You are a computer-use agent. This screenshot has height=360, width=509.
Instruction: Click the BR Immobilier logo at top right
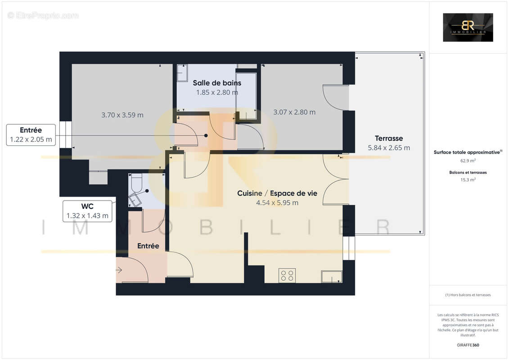pos(468,27)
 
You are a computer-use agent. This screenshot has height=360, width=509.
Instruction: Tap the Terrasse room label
pos(389,138)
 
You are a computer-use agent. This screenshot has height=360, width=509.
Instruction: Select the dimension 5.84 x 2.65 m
pos(389,148)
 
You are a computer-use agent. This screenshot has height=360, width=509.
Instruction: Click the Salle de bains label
pos(217,83)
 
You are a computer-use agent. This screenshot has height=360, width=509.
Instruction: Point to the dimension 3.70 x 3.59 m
pos(122,115)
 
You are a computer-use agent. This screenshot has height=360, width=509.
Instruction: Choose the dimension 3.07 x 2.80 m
pos(294,112)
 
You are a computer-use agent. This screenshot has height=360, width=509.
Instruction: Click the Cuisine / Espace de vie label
pos(277,193)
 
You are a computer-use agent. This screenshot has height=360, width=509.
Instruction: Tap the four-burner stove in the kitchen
pos(287,275)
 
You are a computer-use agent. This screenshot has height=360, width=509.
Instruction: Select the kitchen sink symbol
pos(331,276)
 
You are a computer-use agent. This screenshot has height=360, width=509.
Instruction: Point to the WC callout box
pos(87,211)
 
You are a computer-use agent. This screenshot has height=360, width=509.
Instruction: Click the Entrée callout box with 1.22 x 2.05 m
pos(31,135)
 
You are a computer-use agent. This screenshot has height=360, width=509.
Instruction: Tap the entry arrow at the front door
pos(119,270)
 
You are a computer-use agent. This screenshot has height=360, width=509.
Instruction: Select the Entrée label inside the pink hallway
pos(148,246)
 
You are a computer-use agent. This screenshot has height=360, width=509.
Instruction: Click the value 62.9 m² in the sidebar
pos(468,160)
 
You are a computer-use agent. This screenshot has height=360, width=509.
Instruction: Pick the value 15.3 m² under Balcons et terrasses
pos(468,179)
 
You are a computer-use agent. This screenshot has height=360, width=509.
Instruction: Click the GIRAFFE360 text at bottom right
pos(468,345)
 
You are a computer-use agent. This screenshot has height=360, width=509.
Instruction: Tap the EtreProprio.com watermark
pos(43,16)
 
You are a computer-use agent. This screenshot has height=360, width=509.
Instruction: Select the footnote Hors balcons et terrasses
pos(468,295)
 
